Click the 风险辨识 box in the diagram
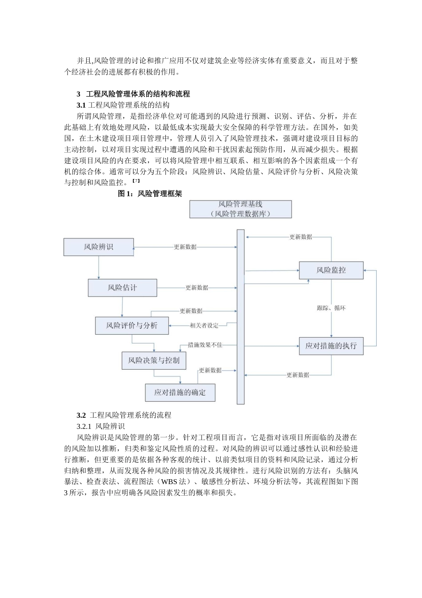(x=99, y=247)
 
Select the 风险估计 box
(x=122, y=288)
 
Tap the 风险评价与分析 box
(x=131, y=326)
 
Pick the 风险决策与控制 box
(x=154, y=360)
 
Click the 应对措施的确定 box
(x=180, y=392)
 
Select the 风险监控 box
(x=331, y=270)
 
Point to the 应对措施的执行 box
(x=331, y=346)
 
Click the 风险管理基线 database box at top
(x=240, y=209)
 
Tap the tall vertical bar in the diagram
(x=240, y=316)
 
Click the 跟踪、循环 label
(x=331, y=308)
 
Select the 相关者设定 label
(x=204, y=325)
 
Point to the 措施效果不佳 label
(x=205, y=344)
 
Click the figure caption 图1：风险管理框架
(x=150, y=194)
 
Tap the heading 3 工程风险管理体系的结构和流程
(x=133, y=94)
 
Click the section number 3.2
(x=81, y=415)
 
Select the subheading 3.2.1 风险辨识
(x=101, y=426)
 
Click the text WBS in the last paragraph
(x=169, y=481)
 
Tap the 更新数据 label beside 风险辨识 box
(x=185, y=247)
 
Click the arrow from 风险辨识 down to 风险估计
(x=99, y=267)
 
